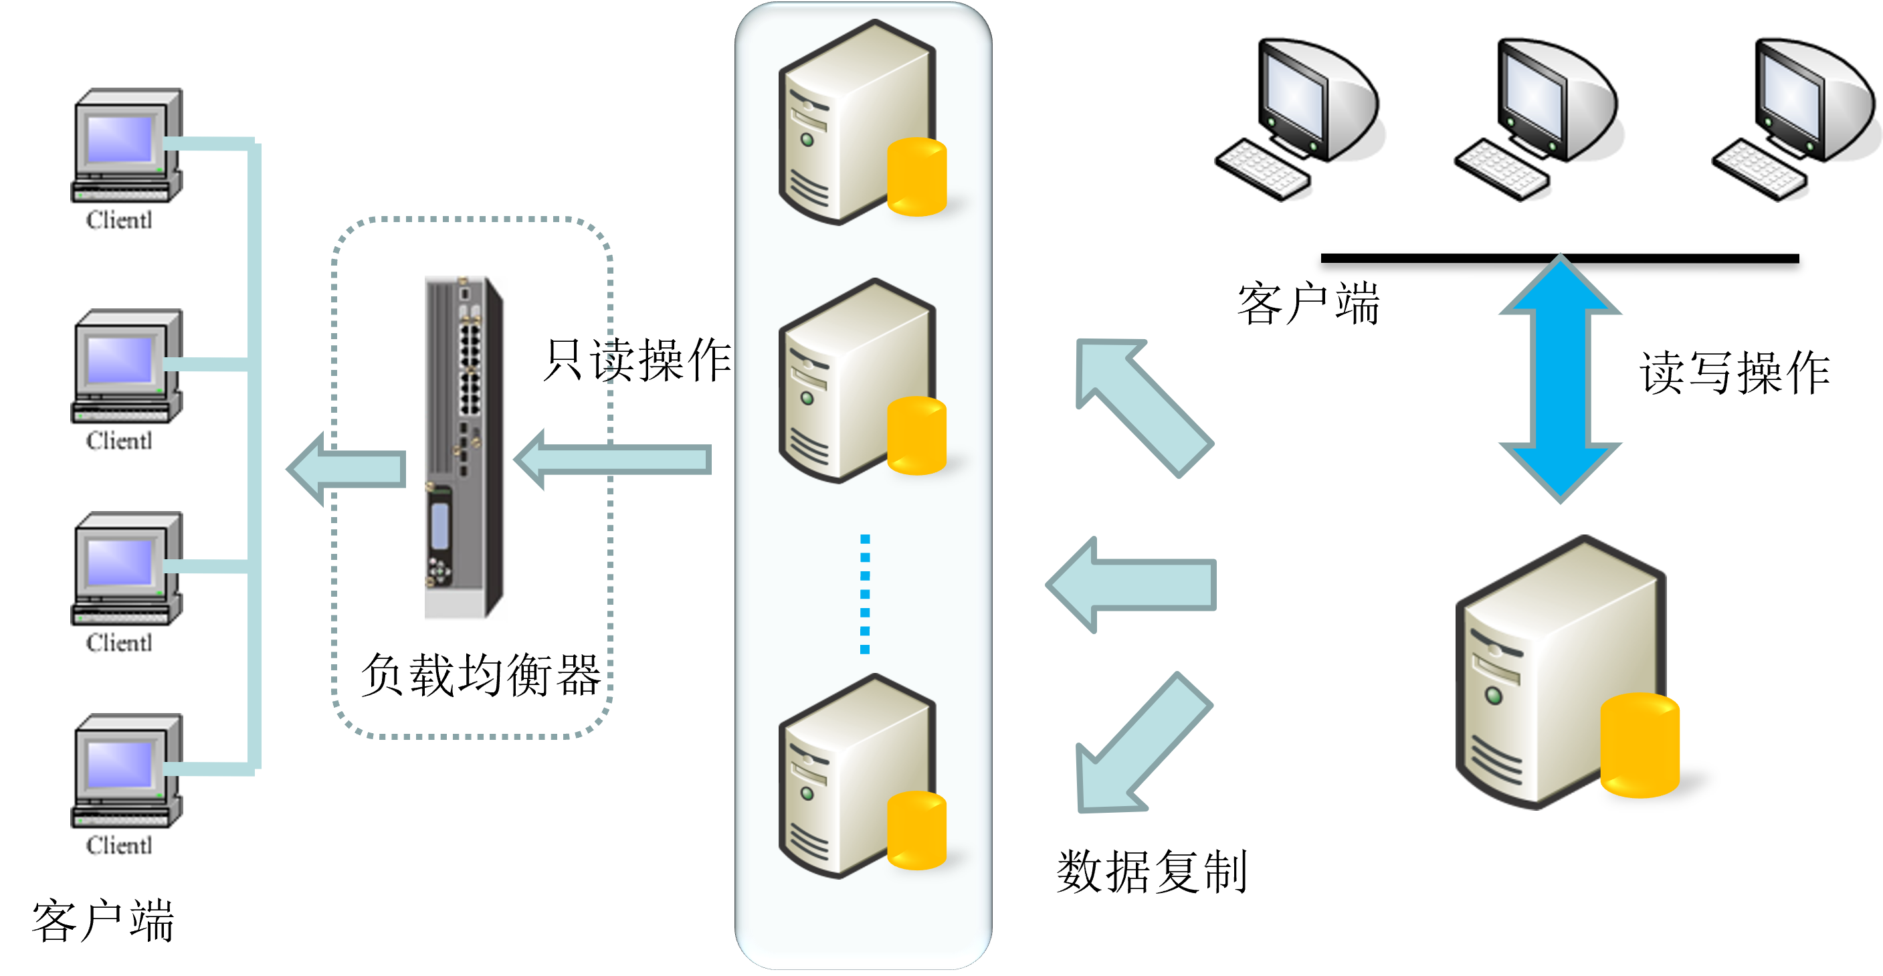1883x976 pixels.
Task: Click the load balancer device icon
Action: click(x=464, y=447)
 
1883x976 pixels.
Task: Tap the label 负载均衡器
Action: click(x=480, y=675)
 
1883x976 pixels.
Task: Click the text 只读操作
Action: click(x=637, y=360)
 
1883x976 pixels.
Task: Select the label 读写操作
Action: click(x=1734, y=373)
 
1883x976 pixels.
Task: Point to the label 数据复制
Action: click(x=1151, y=871)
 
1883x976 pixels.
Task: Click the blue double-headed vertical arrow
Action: click(x=1560, y=379)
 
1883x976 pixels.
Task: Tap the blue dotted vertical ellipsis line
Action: click(x=865, y=593)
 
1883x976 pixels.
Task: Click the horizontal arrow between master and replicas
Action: click(x=1132, y=584)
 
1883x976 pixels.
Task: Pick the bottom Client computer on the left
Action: click(x=126, y=771)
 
